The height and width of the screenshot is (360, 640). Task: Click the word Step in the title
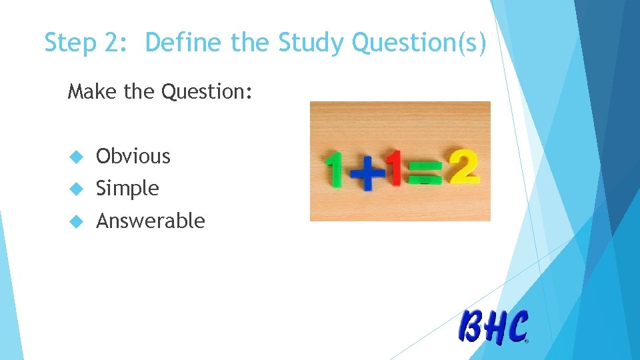(71, 43)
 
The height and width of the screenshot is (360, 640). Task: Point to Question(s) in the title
(419, 44)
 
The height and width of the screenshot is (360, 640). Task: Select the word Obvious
(133, 156)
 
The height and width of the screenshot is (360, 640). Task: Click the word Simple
(127, 189)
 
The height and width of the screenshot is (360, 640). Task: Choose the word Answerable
(151, 221)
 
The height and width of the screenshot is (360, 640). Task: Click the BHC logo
(493, 327)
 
